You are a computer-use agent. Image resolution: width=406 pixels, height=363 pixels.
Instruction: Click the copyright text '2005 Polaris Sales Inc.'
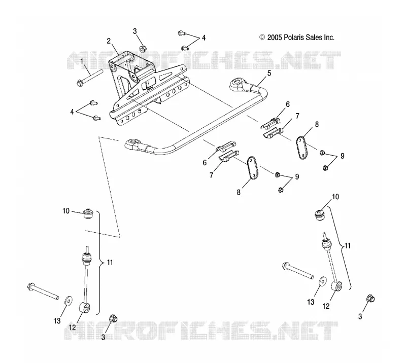pyautogui.click(x=300, y=38)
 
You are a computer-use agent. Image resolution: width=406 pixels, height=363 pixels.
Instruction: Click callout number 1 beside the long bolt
pyautogui.click(x=82, y=61)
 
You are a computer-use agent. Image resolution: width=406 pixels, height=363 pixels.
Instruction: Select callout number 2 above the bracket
pyautogui.click(x=109, y=41)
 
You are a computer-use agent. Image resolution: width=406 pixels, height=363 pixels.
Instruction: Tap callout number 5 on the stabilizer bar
pyautogui.click(x=269, y=73)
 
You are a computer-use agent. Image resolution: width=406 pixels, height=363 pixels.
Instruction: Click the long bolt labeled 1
pyautogui.click(x=90, y=77)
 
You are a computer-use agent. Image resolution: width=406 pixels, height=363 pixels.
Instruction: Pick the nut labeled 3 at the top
pyautogui.click(x=143, y=48)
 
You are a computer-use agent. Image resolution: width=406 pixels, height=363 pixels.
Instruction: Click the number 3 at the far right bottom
pyautogui.click(x=360, y=316)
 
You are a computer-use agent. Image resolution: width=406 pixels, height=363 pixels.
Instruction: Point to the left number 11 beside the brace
pyautogui.click(x=110, y=262)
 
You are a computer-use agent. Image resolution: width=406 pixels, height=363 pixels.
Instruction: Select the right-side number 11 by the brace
pyautogui.click(x=348, y=245)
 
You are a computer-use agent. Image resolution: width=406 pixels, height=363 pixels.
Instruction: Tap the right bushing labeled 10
pyautogui.click(x=320, y=215)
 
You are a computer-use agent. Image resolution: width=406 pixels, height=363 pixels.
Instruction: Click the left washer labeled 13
pyautogui.click(x=68, y=301)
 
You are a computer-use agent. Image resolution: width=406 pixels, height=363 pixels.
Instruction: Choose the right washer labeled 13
pyautogui.click(x=322, y=281)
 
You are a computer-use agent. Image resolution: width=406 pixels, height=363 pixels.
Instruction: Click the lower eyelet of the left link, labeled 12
pyautogui.click(x=84, y=308)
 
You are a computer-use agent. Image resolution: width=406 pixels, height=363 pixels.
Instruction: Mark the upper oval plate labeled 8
pyautogui.click(x=301, y=148)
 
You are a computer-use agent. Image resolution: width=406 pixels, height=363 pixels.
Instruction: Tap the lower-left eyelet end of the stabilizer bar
pyautogui.click(x=132, y=143)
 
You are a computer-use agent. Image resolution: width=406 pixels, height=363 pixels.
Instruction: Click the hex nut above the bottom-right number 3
pyautogui.click(x=370, y=299)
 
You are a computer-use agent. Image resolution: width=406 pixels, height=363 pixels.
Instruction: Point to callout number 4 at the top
pyautogui.click(x=204, y=38)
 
